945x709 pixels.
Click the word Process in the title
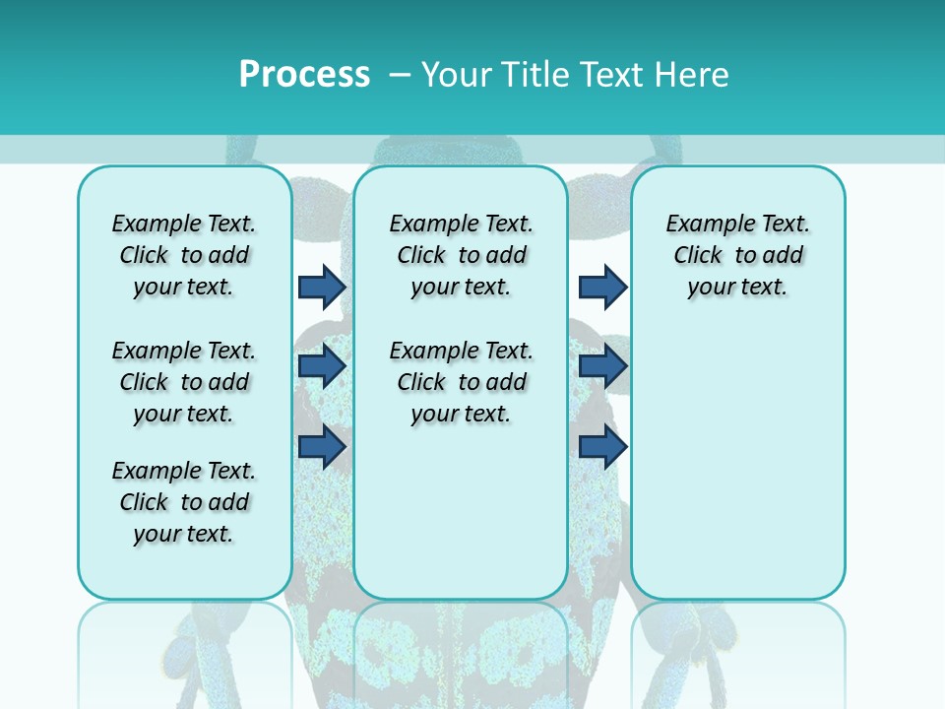[x=304, y=75]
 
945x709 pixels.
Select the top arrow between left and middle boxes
[x=322, y=287]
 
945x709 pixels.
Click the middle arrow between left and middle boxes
[x=322, y=366]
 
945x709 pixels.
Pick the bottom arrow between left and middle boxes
[x=322, y=446]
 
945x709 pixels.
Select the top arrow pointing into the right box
[x=602, y=287]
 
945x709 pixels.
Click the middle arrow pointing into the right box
[x=602, y=366]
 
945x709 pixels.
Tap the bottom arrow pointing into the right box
[x=602, y=446]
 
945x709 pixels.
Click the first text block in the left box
[x=184, y=255]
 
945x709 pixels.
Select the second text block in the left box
[x=184, y=382]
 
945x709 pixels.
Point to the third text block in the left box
[x=184, y=502]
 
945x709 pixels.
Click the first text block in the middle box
[x=461, y=255]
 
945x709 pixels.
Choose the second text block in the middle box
[x=461, y=382]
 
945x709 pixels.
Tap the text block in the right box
[x=737, y=255]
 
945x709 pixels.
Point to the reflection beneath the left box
[x=185, y=650]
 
